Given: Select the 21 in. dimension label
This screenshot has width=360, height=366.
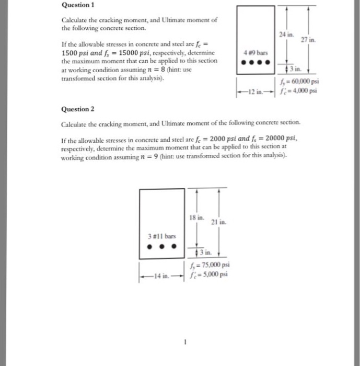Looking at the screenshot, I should click(218, 222).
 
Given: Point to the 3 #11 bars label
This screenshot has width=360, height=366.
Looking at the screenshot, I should click(161, 236).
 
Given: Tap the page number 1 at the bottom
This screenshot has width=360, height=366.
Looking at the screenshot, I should click(183, 342).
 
